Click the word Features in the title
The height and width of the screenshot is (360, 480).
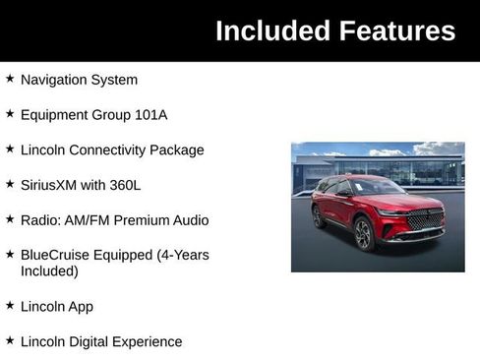397,31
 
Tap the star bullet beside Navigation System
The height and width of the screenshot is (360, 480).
10,79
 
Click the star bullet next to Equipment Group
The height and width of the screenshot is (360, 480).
10,114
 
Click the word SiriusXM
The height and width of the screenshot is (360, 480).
54,185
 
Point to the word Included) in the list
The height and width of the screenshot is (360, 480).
49,270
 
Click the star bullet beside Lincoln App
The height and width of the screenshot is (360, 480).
10,305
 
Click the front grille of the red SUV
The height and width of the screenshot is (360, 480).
425,219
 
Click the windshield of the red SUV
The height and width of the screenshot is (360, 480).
378,187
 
